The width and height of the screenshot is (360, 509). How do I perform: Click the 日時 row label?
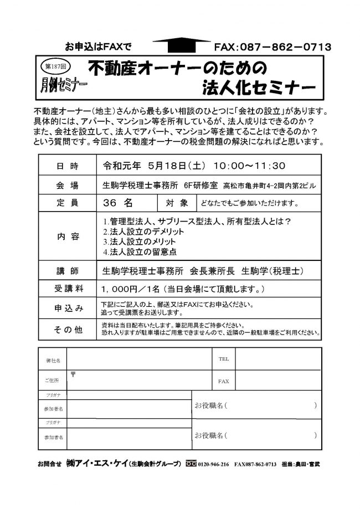click(x=68, y=165)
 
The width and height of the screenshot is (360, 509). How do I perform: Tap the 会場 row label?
click(x=68, y=184)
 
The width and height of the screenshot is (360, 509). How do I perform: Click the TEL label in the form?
click(x=223, y=359)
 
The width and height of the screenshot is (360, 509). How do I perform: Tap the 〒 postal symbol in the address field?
click(x=73, y=375)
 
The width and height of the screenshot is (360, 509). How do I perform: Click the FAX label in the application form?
click(x=223, y=382)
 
